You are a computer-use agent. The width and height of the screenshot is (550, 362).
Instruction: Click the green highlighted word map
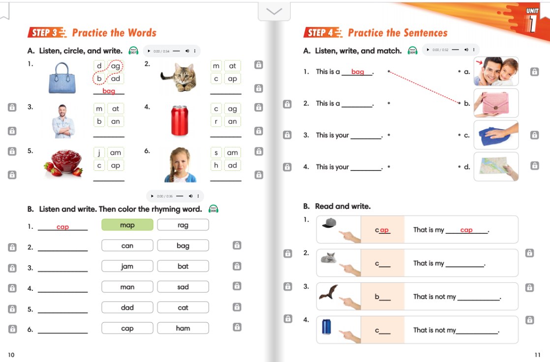pyautogui.click(x=127, y=225)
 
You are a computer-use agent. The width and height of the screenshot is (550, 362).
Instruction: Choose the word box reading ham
pyautogui.click(x=183, y=328)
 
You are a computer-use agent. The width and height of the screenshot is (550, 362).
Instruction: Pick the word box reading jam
pyautogui.click(x=127, y=266)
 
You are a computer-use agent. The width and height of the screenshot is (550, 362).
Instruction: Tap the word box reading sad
pyautogui.click(x=183, y=287)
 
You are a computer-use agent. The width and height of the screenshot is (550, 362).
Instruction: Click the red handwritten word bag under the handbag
pyautogui.click(x=109, y=91)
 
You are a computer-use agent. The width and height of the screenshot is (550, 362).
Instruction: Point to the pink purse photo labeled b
pyautogui.click(x=496, y=103)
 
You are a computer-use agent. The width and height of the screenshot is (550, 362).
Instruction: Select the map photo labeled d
pyautogui.click(x=496, y=167)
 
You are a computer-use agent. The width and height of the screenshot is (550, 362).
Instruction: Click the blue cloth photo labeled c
pyautogui.click(x=496, y=135)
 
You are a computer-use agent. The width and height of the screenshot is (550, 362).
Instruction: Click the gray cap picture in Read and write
pyautogui.click(x=329, y=223)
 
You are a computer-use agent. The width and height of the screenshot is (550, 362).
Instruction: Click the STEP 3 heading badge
pyautogui.click(x=47, y=33)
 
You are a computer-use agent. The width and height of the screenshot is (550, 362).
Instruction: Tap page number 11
pyautogui.click(x=537, y=355)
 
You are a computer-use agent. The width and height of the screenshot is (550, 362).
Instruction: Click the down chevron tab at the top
pyautogui.click(x=274, y=11)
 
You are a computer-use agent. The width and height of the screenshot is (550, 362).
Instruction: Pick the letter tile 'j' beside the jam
pyautogui.click(x=99, y=153)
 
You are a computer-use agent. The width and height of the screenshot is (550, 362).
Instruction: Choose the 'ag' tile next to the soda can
pyautogui.click(x=232, y=109)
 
